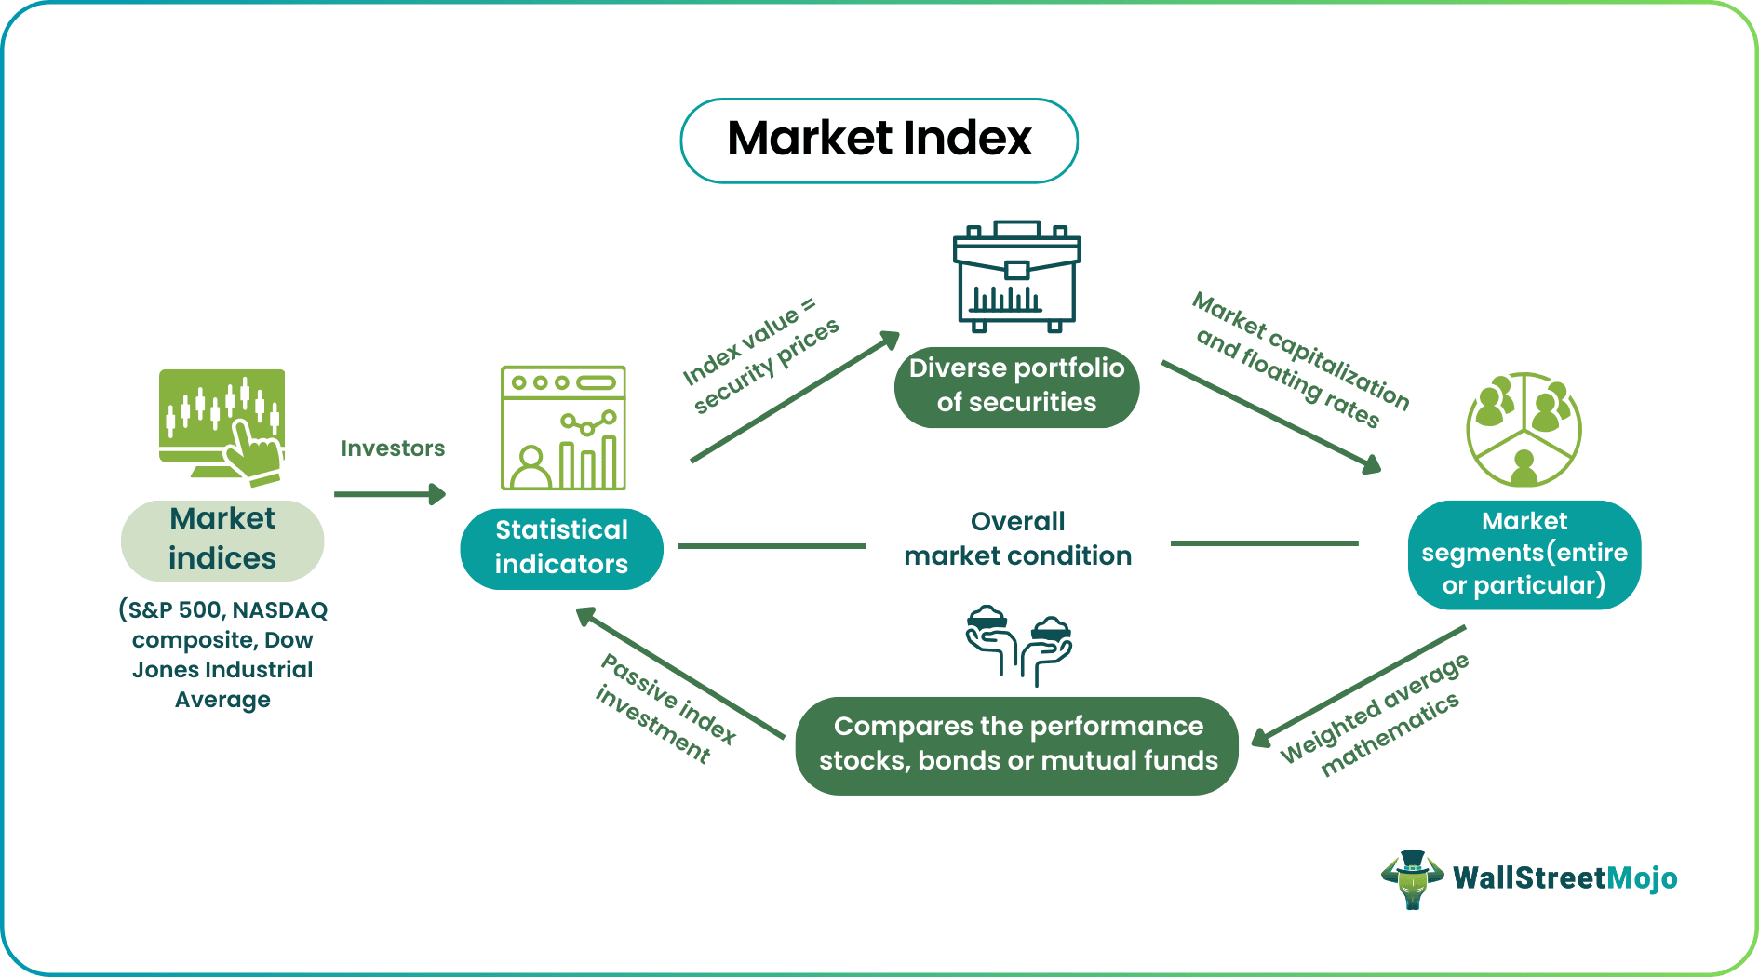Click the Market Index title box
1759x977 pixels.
(x=879, y=141)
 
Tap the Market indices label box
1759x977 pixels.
(x=222, y=540)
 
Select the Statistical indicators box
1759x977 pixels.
(x=561, y=548)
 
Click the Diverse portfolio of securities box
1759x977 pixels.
(x=1016, y=385)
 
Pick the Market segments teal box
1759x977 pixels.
(x=1524, y=554)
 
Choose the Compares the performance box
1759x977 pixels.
(x=1017, y=744)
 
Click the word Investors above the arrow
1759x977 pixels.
(x=393, y=448)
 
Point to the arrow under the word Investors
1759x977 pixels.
(x=389, y=494)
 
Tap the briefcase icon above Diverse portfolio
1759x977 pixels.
(x=1016, y=276)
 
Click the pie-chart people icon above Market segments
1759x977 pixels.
(x=1523, y=429)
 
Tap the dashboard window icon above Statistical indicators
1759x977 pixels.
(x=563, y=428)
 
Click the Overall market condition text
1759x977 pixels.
(x=1017, y=539)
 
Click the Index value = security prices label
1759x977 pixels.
(x=760, y=355)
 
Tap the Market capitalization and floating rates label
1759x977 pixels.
(x=1300, y=359)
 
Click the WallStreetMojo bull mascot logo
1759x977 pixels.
(x=1412, y=878)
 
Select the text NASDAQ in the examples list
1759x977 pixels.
(x=279, y=610)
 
